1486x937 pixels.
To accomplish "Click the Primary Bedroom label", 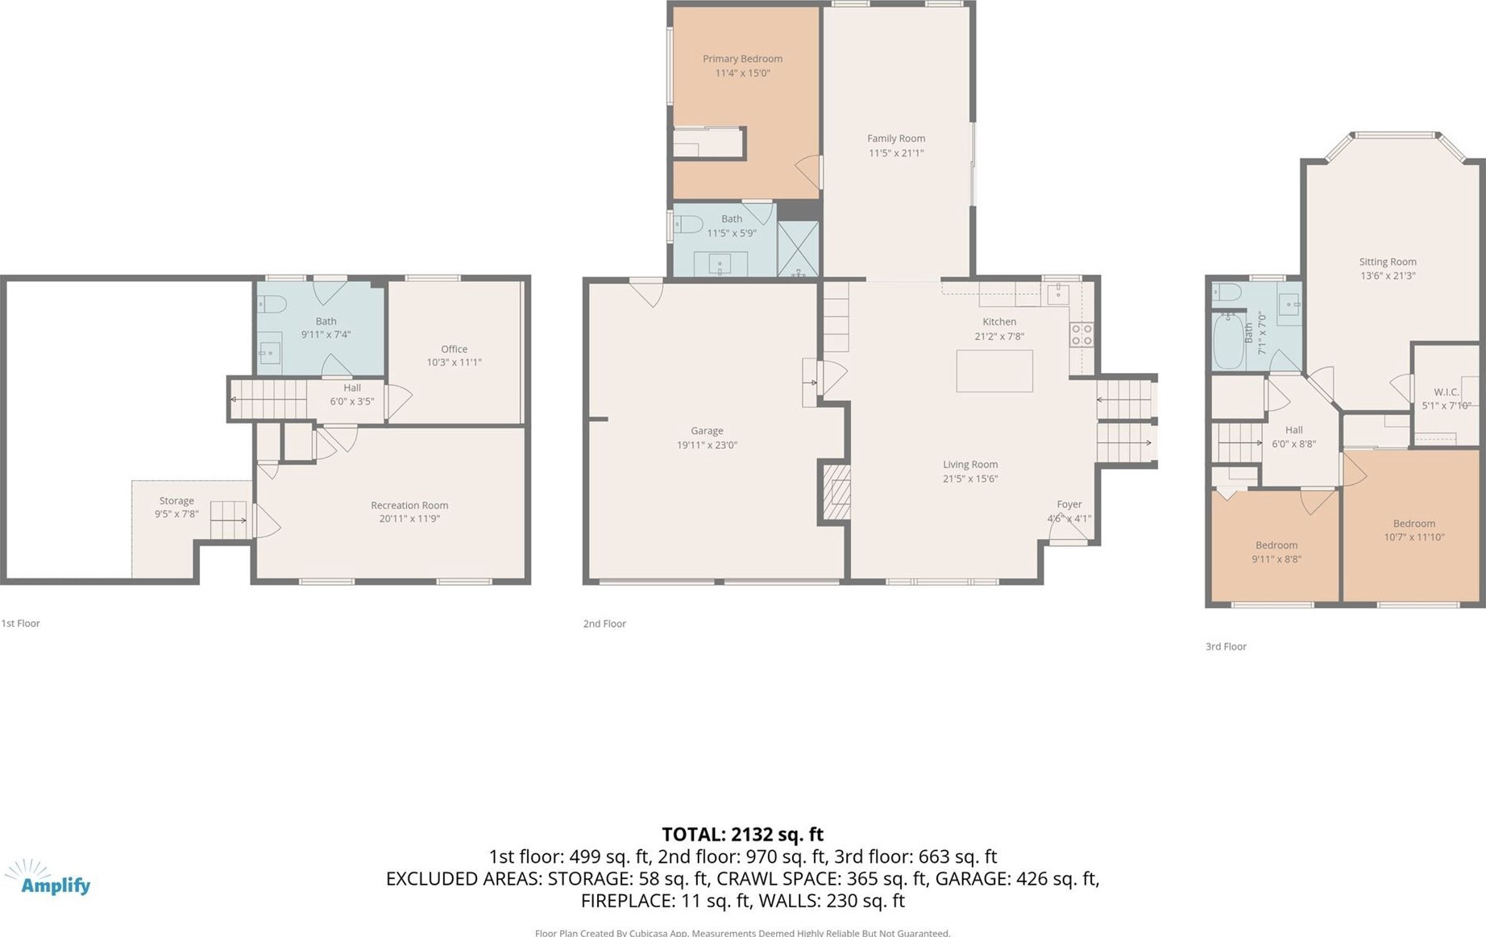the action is click(742, 59).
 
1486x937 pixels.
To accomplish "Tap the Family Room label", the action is click(896, 139).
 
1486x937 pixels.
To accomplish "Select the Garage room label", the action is click(707, 431).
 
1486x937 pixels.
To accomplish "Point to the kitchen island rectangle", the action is click(994, 371).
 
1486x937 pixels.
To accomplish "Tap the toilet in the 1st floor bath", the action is click(272, 305).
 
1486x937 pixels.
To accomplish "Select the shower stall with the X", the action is click(798, 249).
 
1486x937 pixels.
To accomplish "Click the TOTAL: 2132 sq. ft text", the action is click(742, 835).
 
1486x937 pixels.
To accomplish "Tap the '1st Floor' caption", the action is click(20, 624).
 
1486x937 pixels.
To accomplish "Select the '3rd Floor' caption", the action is click(1226, 646).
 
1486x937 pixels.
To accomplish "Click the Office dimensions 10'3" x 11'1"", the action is click(454, 363).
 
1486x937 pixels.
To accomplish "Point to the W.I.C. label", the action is click(1447, 392).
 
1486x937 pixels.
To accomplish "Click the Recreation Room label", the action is click(409, 505).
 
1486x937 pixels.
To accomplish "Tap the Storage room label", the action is click(176, 501).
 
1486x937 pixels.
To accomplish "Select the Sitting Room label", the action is click(1388, 262).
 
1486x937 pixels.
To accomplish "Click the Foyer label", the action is click(1069, 504).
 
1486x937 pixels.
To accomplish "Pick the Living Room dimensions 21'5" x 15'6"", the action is click(970, 479).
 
